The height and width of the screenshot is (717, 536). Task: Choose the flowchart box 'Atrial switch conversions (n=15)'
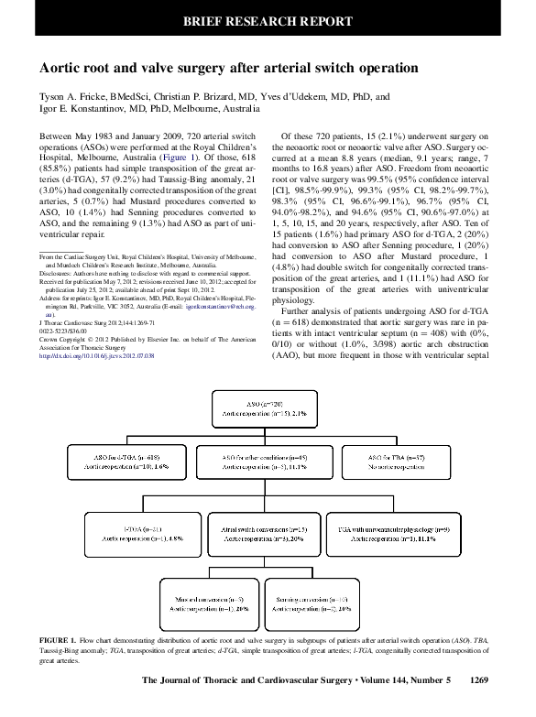(x=267, y=534)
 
